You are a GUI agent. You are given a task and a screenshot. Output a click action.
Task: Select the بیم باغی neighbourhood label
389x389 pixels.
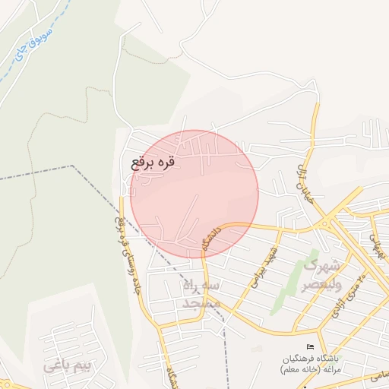pos(67,365)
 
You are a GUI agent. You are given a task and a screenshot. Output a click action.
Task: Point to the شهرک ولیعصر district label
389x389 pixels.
pos(323,276)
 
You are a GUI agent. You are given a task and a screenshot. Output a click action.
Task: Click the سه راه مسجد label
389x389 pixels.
pos(201,294)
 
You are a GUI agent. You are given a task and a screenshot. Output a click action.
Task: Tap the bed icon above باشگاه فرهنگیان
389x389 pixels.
pos(308,347)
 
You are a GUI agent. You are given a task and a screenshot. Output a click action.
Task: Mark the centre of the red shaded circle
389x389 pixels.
pos(194,194)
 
